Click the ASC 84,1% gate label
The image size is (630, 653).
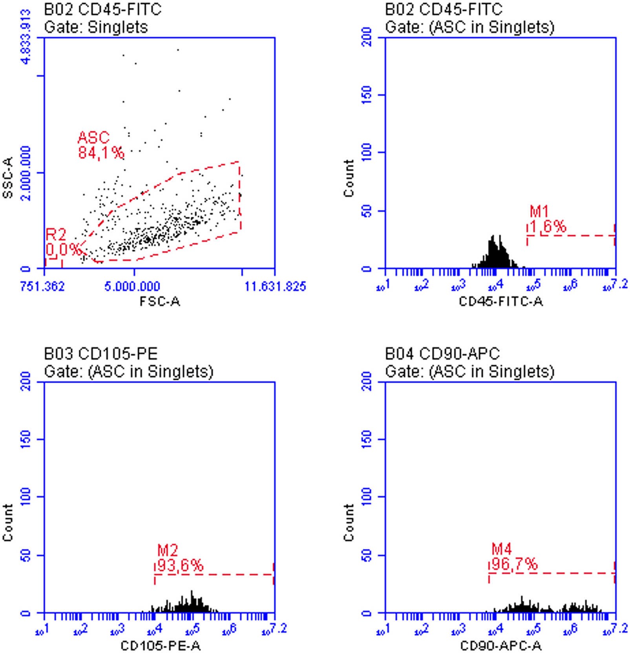pos(100,145)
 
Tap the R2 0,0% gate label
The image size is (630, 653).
pos(62,242)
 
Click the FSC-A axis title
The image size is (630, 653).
pos(159,301)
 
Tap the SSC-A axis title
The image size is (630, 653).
pos(8,177)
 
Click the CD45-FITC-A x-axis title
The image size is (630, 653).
pos(500,301)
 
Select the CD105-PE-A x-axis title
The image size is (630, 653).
pos(160,646)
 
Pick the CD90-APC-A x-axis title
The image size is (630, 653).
pos(500,646)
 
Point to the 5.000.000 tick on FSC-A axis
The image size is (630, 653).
pos(132,286)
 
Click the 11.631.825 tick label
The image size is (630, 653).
pos(275,286)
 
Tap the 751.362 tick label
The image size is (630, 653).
pos(42,286)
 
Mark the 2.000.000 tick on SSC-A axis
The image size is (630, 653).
pos(26,173)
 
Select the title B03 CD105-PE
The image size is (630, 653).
pos(100,353)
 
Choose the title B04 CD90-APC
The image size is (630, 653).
pos(442,353)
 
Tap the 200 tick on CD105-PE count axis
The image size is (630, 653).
pos(26,381)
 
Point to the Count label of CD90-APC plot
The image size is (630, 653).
pos(349,523)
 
